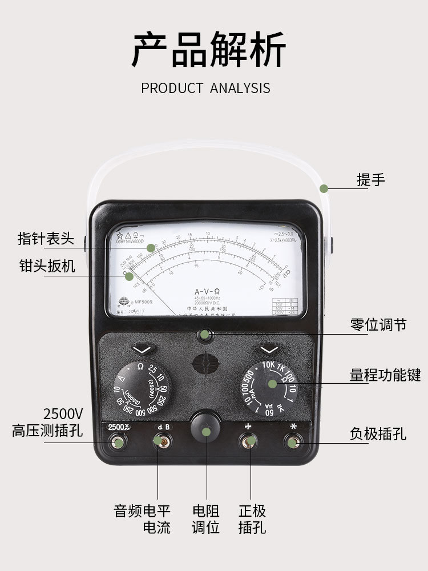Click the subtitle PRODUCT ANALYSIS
pyautogui.click(x=205, y=88)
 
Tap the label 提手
pyautogui.click(x=371, y=180)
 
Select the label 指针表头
pyautogui.click(x=46, y=238)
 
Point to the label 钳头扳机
pyautogui.click(x=46, y=266)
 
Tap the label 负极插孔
pyautogui.click(x=378, y=434)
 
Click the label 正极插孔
pyautogui.click(x=252, y=518)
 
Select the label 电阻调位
pyautogui.click(x=205, y=518)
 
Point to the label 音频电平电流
pyautogui.click(x=142, y=518)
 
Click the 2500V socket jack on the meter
pyautogui.click(x=118, y=442)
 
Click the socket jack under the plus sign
pyautogui.click(x=249, y=441)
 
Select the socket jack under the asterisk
pyautogui.click(x=293, y=442)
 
